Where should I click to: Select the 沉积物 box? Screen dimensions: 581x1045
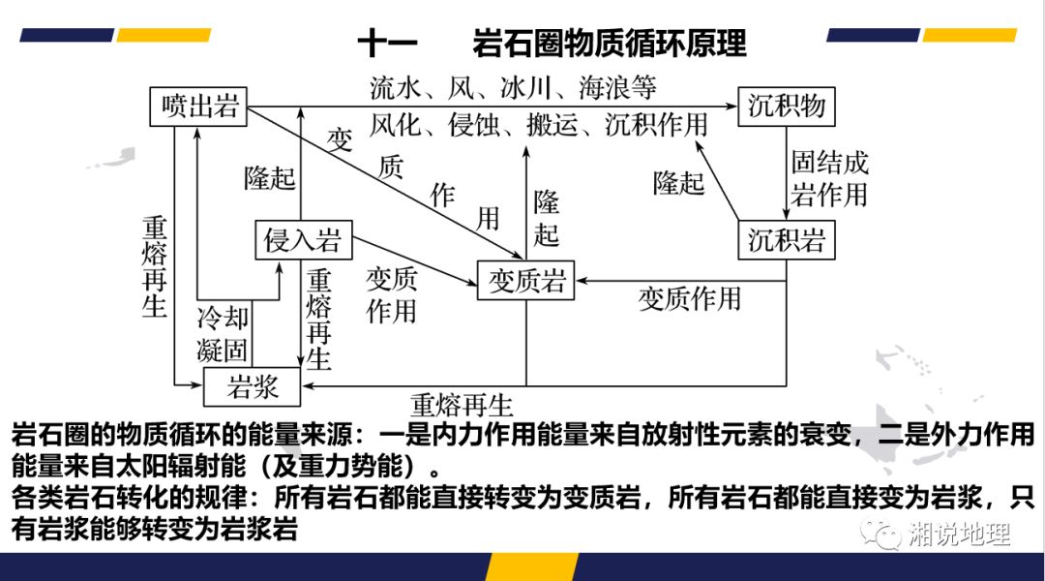[x=786, y=106]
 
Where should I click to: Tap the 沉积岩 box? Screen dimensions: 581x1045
[x=786, y=240]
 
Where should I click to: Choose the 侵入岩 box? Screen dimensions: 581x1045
[x=303, y=240]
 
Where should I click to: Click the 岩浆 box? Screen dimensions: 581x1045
[x=253, y=387]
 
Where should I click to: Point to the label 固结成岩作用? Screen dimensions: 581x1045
[x=829, y=178]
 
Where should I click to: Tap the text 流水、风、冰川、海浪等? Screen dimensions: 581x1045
[x=513, y=89]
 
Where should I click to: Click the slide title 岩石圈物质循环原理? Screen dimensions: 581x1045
[x=610, y=44]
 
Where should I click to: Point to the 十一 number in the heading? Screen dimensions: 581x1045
[x=387, y=44]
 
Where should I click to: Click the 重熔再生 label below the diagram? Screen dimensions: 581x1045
[x=462, y=403]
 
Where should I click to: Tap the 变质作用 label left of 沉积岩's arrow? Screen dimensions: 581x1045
[x=689, y=298]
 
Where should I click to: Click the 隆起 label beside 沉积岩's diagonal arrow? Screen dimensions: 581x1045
[x=678, y=182]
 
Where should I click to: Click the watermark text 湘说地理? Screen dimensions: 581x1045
[x=959, y=535]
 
